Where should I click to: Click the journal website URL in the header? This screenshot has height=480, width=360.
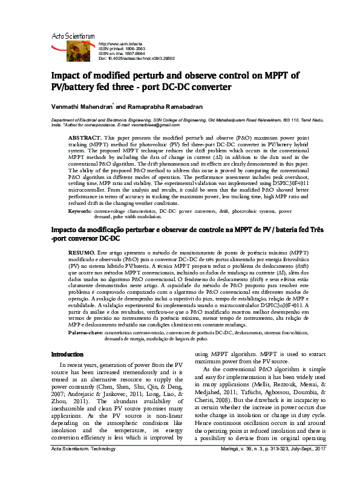(120, 44)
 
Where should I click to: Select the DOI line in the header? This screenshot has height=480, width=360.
(136, 59)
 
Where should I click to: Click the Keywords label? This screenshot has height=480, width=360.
(80, 211)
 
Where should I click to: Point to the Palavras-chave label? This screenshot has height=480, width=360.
(85, 332)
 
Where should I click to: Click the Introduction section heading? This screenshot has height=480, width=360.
(67, 354)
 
